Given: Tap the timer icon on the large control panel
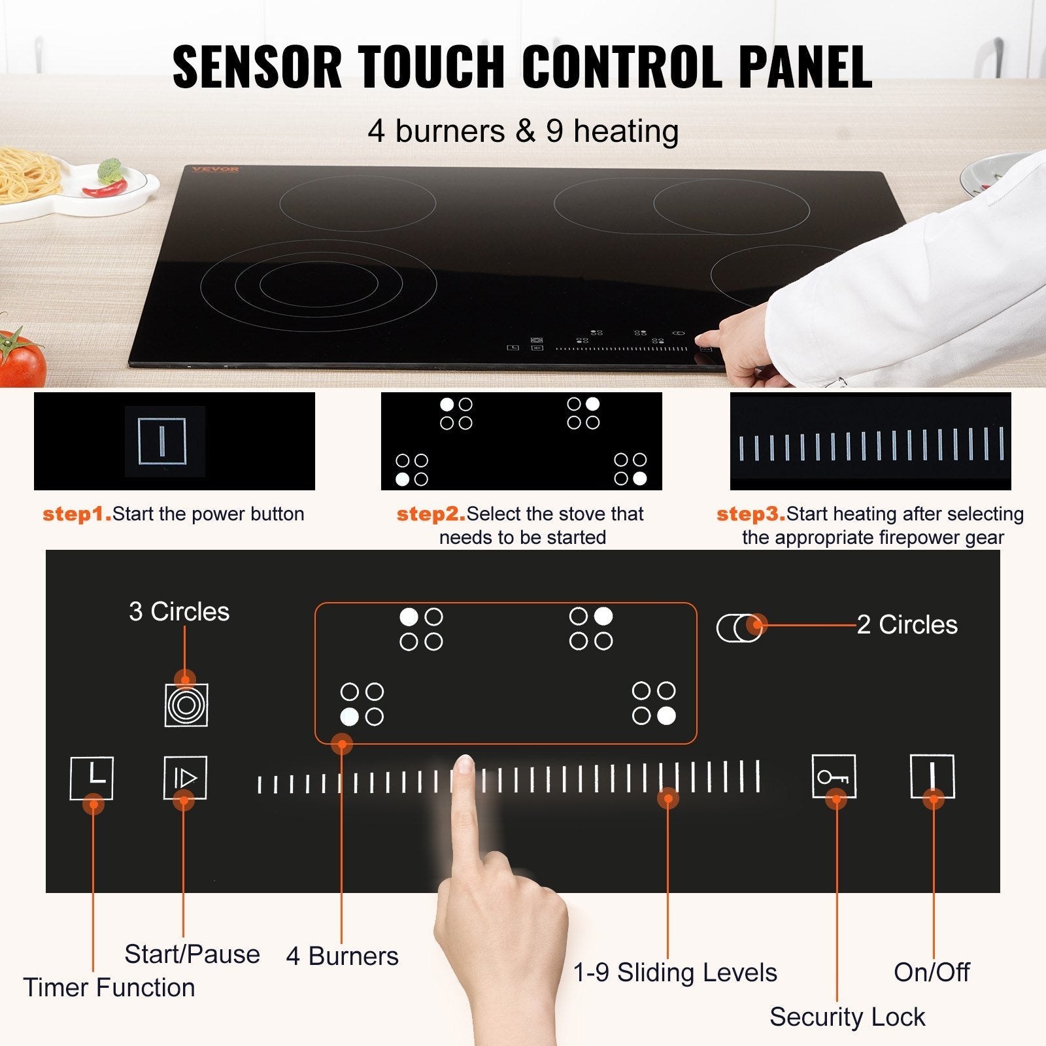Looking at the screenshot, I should [x=92, y=778].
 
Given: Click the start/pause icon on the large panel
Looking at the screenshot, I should [x=185, y=777].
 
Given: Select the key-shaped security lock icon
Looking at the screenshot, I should [x=834, y=777].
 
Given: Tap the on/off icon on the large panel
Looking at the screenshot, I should [x=932, y=776].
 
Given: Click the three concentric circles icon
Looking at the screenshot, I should [x=186, y=705].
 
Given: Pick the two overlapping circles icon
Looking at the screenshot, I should [x=739, y=628].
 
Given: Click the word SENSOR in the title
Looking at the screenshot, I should [x=257, y=67].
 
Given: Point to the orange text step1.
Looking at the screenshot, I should [x=76, y=515].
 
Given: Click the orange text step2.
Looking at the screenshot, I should [x=431, y=515].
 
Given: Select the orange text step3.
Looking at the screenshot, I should [x=751, y=515].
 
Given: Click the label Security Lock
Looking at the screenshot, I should [x=847, y=1017].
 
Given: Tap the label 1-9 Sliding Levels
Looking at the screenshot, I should [x=675, y=973].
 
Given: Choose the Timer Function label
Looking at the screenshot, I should [x=109, y=988].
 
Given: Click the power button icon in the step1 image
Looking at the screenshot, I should [x=162, y=441].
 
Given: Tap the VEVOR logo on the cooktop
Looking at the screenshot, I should [x=215, y=169].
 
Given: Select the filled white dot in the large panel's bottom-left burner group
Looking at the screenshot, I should [x=350, y=717].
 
